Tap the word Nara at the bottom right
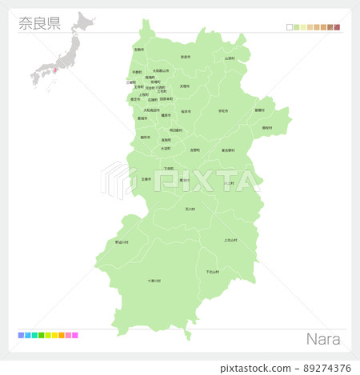[x=323, y=339]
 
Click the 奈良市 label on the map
[x=185, y=57]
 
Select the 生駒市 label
[x=139, y=50]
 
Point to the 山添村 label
[x=230, y=58]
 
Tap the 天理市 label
[x=185, y=86]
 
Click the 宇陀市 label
[x=223, y=111]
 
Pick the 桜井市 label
[x=186, y=111]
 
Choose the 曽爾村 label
[x=259, y=110]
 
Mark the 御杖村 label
[x=266, y=127]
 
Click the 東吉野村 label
[x=228, y=150]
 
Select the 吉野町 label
[x=195, y=150]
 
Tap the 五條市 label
[x=146, y=179]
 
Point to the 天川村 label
[x=190, y=209]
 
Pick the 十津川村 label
[x=154, y=281]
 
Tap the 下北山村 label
[x=212, y=272]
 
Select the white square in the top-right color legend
[x=290, y=27]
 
